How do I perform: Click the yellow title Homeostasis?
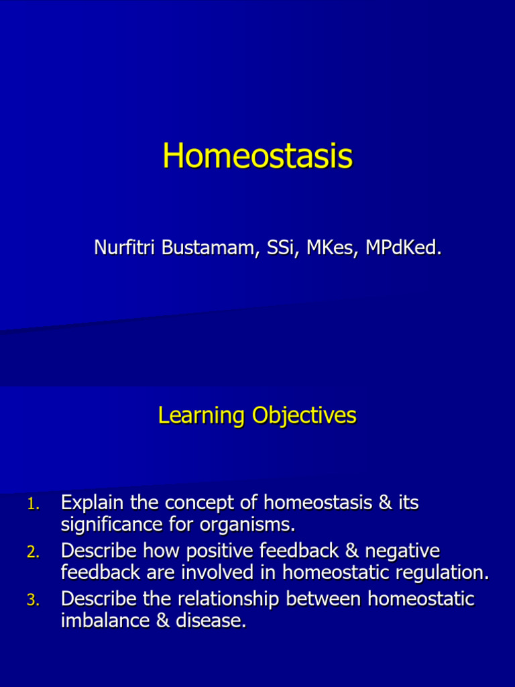click(257, 156)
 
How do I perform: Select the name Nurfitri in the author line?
click(125, 248)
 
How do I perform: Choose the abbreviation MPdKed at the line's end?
click(402, 248)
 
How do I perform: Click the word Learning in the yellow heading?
click(202, 415)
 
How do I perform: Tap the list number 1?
click(34, 504)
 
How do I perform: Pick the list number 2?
click(34, 552)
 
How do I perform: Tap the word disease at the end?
click(210, 621)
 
